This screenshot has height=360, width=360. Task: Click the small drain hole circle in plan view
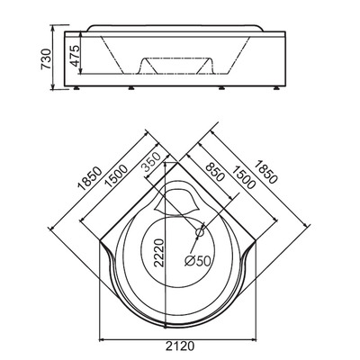(197, 234)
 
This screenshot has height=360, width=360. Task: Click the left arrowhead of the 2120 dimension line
(99, 340)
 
